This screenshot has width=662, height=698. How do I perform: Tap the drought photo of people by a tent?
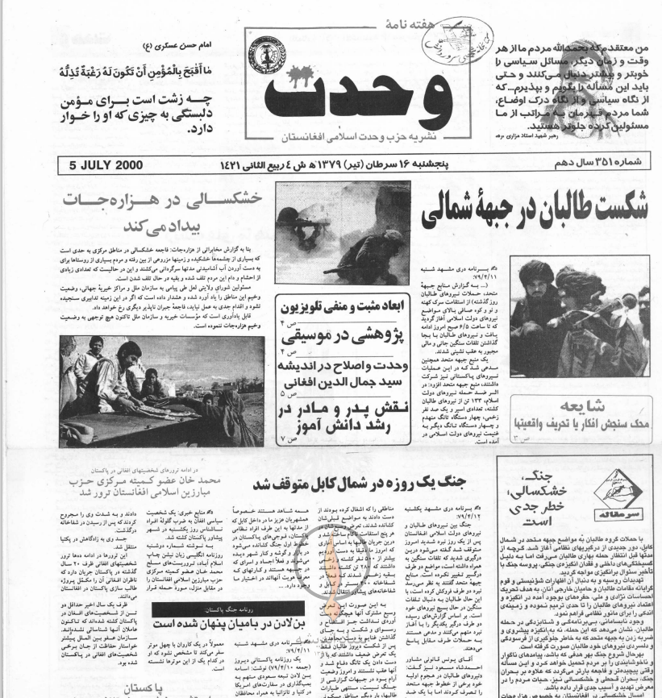pyautogui.click(x=161, y=390)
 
